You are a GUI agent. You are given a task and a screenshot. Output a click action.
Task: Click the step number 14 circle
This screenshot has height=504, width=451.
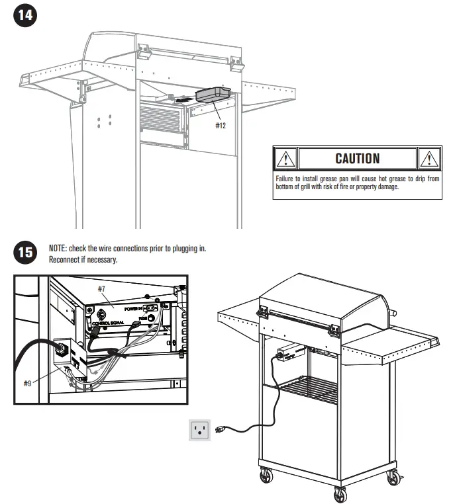click(x=24, y=16)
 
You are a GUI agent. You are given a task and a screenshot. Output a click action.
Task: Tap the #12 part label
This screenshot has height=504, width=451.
click(x=221, y=125)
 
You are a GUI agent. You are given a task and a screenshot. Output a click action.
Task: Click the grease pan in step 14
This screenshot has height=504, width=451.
click(x=212, y=95)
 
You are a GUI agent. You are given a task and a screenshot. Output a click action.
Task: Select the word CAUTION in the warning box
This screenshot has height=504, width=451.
click(x=358, y=158)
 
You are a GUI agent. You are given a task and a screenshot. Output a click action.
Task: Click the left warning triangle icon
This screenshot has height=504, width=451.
click(x=285, y=159)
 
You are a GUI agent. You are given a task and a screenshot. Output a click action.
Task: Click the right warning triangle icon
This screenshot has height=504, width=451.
click(x=430, y=159)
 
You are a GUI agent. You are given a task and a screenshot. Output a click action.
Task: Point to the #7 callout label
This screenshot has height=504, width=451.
click(x=102, y=289)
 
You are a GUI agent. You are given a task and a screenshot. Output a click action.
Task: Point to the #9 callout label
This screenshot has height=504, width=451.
click(x=27, y=384)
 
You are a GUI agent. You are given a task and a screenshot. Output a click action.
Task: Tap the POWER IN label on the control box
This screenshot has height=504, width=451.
click(x=132, y=308)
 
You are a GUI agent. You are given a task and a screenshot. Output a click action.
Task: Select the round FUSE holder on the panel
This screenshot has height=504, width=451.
click(x=152, y=318)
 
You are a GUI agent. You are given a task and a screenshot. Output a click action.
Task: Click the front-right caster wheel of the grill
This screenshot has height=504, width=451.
click(x=340, y=493)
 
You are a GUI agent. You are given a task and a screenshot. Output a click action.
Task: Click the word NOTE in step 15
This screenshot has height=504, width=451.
click(x=58, y=249)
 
